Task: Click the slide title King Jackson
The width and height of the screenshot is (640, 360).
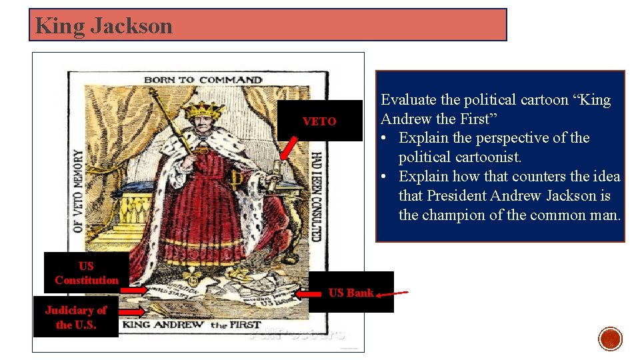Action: (104, 26)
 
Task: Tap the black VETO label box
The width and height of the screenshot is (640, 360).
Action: (319, 121)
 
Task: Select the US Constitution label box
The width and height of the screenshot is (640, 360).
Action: (87, 273)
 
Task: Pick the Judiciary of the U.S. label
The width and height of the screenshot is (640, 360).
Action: (75, 317)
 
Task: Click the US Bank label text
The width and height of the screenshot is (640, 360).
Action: (351, 292)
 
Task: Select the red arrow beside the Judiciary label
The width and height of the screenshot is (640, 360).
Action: (131, 311)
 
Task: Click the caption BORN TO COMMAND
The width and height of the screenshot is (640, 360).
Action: (203, 80)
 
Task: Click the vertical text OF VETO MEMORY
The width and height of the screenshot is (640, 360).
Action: (78, 191)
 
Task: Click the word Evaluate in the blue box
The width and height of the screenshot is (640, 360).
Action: (409, 100)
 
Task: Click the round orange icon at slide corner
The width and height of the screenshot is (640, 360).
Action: (611, 339)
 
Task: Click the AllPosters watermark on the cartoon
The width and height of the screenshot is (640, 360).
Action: (297, 334)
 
